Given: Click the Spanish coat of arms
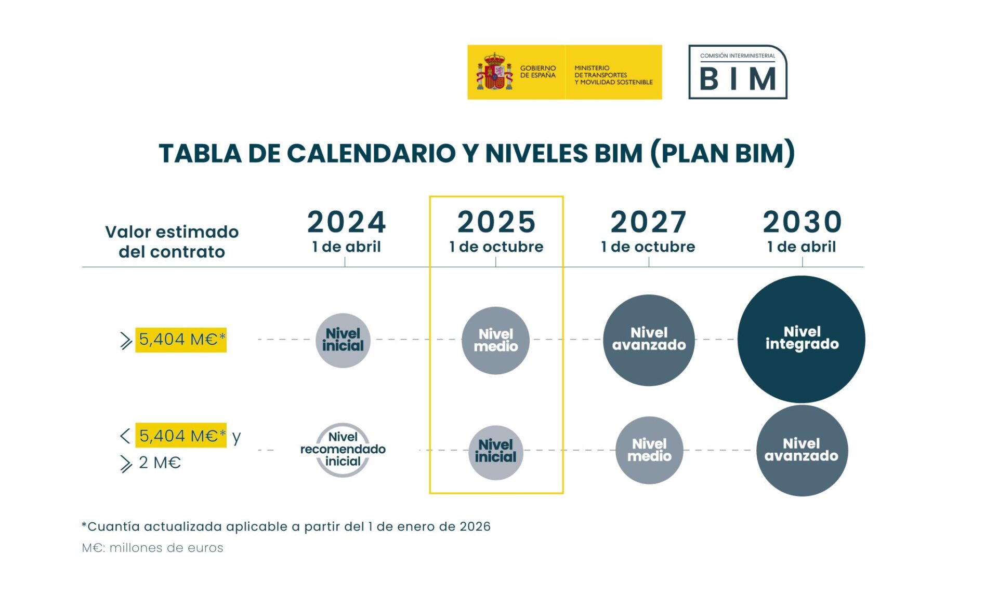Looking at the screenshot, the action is [494, 72].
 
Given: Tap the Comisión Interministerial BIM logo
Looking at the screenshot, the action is [738, 72].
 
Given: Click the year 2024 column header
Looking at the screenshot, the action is [347, 222].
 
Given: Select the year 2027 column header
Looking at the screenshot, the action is [648, 222].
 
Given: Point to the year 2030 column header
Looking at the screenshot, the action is [802, 222].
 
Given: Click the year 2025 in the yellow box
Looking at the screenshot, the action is [496, 222].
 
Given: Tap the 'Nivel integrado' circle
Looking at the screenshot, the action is [802, 339].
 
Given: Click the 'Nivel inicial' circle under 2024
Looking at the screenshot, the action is [343, 341].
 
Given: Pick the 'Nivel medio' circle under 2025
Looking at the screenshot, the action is [496, 341].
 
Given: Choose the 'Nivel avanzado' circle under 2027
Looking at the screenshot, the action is [649, 340].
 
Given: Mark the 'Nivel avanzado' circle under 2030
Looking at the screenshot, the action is [802, 451].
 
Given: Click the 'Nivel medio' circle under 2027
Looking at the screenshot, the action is [649, 450].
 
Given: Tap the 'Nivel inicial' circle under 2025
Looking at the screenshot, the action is [496, 453].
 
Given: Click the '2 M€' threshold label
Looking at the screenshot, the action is [160, 462].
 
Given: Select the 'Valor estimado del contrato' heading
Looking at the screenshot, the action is [172, 241].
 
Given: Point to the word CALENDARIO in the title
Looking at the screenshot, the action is [371, 154].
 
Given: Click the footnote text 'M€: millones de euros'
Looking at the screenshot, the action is [153, 548].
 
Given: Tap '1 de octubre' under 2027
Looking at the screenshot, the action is [648, 247].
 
